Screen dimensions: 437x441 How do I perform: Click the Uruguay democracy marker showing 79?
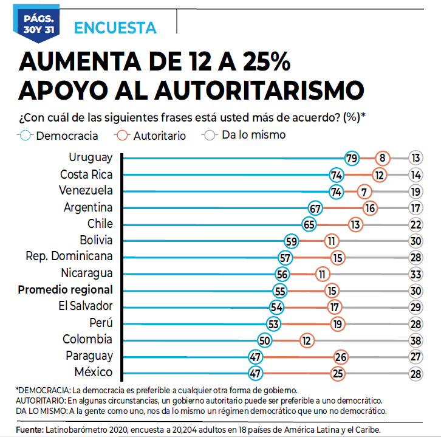[351, 158]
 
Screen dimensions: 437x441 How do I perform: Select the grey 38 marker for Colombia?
[415, 339]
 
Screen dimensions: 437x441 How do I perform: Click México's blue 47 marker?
[256, 373]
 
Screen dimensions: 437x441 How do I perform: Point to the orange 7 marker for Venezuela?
[364, 191]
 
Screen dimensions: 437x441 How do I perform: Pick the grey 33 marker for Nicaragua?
[415, 274]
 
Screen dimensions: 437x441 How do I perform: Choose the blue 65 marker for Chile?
[310, 224]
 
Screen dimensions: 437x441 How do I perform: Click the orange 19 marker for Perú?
[338, 323]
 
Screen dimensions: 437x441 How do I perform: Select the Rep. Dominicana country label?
[69, 256]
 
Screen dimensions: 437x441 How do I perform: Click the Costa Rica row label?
[86, 174]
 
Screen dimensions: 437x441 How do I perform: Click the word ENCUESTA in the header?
[115, 27]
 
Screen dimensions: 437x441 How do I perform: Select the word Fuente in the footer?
[29, 430]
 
